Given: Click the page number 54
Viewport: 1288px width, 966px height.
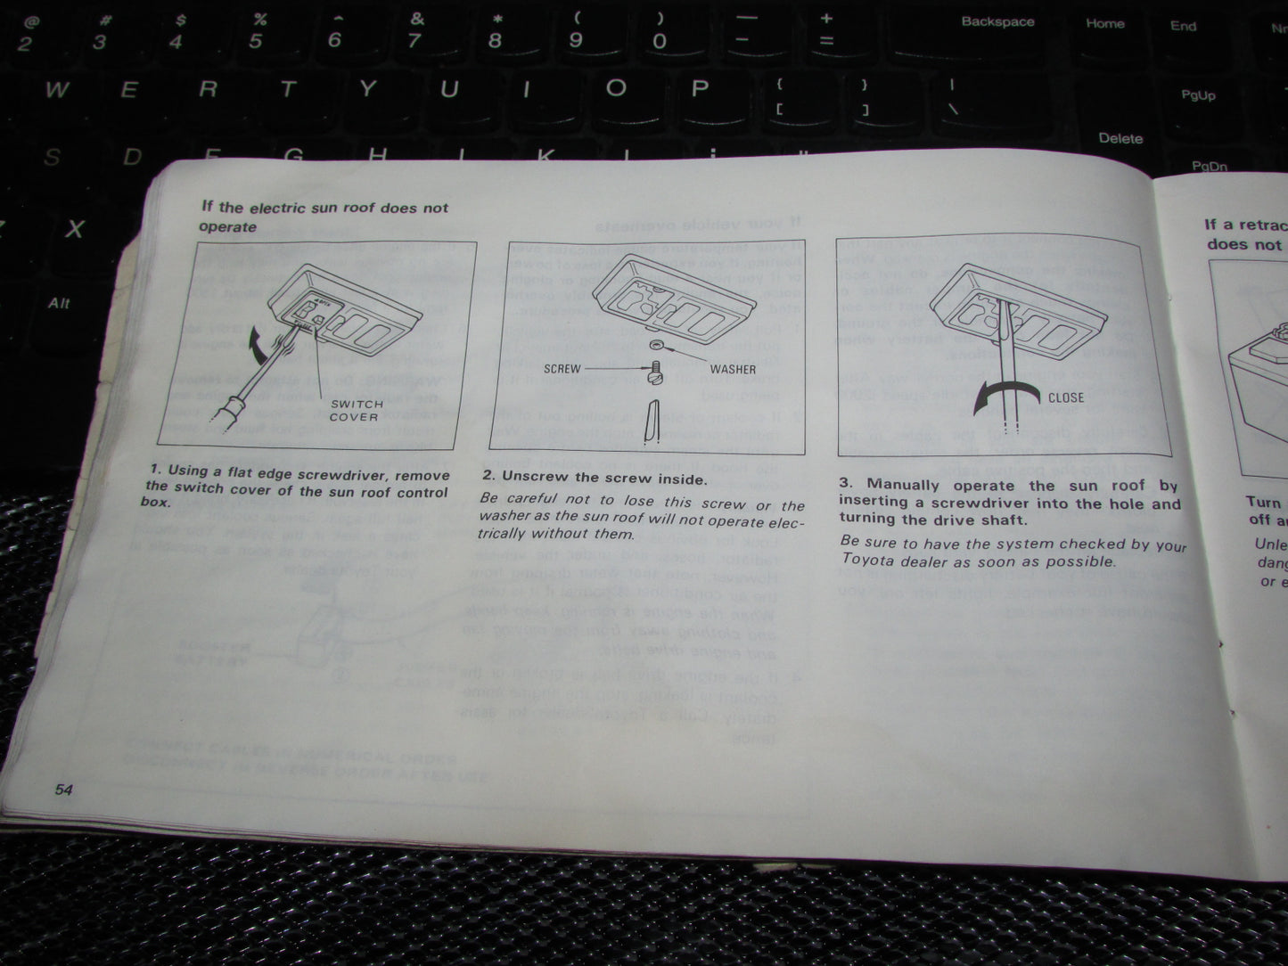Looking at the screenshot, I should point(62,790).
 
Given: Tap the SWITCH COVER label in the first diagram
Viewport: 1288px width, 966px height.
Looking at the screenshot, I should point(354,410).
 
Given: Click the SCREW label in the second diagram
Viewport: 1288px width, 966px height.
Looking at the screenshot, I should point(562,369).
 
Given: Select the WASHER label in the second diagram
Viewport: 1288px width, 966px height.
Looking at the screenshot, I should point(733,369).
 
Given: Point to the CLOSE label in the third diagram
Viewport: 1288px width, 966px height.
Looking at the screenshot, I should point(1065,397).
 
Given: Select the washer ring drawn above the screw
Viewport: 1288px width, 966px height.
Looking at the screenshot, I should point(658,344).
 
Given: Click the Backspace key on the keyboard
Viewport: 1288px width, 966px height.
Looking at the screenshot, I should point(997,22).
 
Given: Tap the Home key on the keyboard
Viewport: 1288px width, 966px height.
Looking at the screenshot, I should point(1104,24).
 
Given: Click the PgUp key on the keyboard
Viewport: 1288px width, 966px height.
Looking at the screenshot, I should point(1197,94).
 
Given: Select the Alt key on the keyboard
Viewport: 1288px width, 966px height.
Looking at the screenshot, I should point(59,304).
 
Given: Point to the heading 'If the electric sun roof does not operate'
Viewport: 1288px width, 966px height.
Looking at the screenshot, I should point(324,217).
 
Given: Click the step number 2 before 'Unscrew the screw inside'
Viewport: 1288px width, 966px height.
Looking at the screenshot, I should point(488,477).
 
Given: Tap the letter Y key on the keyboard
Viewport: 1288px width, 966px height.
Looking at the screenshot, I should point(366,89).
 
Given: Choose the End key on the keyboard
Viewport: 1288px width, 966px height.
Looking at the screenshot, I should point(1183,26).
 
